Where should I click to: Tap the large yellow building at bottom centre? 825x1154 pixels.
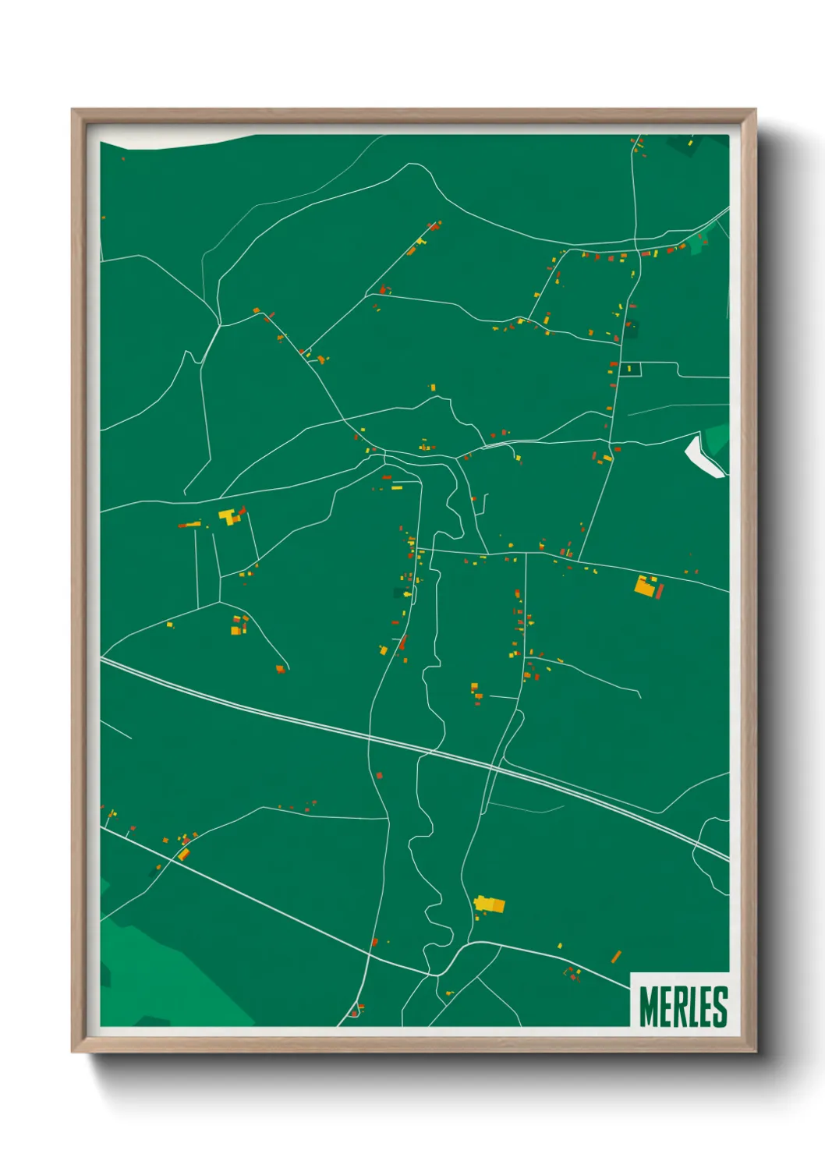(x=490, y=904)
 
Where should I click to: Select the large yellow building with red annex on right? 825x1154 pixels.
(x=647, y=586)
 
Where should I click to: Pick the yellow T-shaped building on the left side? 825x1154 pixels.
(x=228, y=516)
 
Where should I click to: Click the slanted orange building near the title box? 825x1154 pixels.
(x=616, y=956)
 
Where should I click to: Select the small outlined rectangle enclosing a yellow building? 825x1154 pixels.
(x=630, y=369)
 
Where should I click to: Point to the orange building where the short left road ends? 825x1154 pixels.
(x=281, y=668)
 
